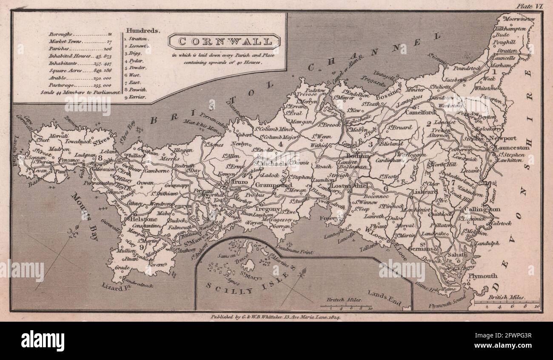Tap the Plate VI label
pos(528,6)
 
